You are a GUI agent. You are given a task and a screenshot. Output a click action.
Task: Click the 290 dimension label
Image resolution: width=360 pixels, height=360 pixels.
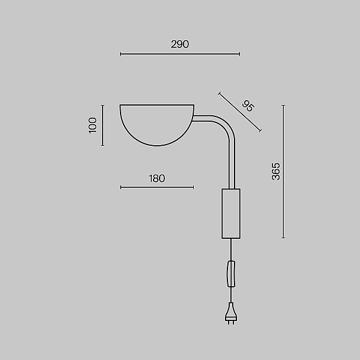pyautogui.click(x=180, y=44)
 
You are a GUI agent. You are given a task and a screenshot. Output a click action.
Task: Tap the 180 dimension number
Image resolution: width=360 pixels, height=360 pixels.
pyautogui.click(x=157, y=178)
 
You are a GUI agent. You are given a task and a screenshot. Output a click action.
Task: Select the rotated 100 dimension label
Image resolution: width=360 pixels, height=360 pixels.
pyautogui.click(x=92, y=125)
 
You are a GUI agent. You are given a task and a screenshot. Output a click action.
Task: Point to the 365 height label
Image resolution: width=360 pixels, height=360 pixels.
pyautogui.click(x=276, y=172)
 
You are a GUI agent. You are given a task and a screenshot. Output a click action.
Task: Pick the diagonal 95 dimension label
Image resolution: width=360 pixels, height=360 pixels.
pyautogui.click(x=248, y=106)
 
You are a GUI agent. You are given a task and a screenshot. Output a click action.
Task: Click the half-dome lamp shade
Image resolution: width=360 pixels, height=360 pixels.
pyautogui.click(x=157, y=125)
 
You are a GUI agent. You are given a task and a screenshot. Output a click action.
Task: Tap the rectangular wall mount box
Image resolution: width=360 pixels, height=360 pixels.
pyautogui.click(x=231, y=214)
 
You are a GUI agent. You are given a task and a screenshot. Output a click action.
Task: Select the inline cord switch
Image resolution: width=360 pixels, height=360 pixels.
pyautogui.click(x=231, y=274)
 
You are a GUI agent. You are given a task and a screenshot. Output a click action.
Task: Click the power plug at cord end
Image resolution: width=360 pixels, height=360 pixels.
pyautogui.click(x=231, y=314)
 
